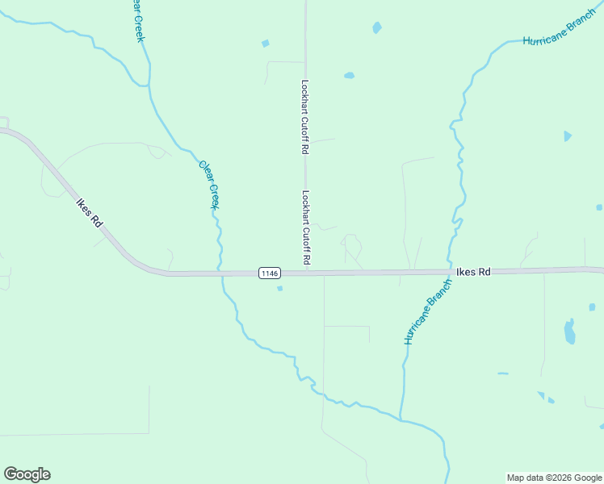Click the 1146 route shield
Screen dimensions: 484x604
pyautogui.click(x=270, y=273)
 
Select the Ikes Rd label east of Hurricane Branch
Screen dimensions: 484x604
pyautogui.click(x=473, y=273)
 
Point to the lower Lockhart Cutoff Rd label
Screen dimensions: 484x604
pyautogui.click(x=306, y=228)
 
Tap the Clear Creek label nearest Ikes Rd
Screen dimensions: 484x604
pyautogui.click(x=209, y=185)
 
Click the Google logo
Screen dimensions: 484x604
pyautogui.click(x=27, y=474)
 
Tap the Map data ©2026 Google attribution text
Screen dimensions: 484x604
pyautogui.click(x=554, y=478)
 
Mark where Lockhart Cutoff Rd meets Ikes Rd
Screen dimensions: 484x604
pyautogui.click(x=306, y=273)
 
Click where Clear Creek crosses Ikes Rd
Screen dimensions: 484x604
pyautogui.click(x=220, y=273)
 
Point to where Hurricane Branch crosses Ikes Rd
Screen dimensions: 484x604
pyautogui.click(x=450, y=272)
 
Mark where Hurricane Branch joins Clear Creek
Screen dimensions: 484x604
pyautogui.click(x=401, y=419)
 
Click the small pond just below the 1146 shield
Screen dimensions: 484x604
pyautogui.click(x=279, y=288)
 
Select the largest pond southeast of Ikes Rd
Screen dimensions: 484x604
pyautogui.click(x=570, y=331)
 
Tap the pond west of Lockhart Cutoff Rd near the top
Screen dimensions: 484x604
pyautogui.click(x=265, y=44)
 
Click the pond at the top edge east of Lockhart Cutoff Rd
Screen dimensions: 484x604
pyautogui.click(x=377, y=27)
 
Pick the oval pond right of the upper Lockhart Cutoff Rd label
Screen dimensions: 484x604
pyautogui.click(x=349, y=76)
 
